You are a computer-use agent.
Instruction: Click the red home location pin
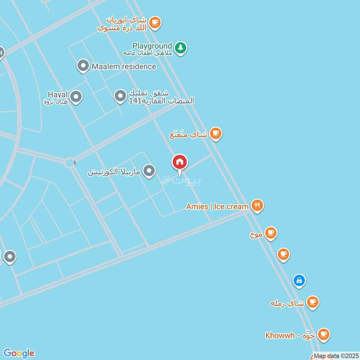180,162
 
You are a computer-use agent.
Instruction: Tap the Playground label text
152,46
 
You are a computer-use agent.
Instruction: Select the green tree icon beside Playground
180,47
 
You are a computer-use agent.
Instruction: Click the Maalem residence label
124,67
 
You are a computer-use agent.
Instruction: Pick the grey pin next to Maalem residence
82,66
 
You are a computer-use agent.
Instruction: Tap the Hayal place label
57,94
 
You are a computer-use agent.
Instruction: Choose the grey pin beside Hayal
76,96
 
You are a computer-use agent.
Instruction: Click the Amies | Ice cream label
217,207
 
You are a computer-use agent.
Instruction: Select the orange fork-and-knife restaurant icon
257,206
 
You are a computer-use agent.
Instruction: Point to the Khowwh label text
280,335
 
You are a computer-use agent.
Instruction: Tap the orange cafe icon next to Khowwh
323,334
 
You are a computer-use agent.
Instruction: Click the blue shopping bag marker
299,281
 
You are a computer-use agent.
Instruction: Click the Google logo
19,353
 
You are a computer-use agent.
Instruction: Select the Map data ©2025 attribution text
335,356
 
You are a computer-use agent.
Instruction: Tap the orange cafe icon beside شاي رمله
312,302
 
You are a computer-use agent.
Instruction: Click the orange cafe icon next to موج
270,233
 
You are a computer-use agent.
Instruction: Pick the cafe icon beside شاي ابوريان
155,22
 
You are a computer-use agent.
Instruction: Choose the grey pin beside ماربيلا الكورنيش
149,171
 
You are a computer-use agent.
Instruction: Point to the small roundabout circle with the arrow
69,162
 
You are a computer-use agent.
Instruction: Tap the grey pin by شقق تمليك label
120,96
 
